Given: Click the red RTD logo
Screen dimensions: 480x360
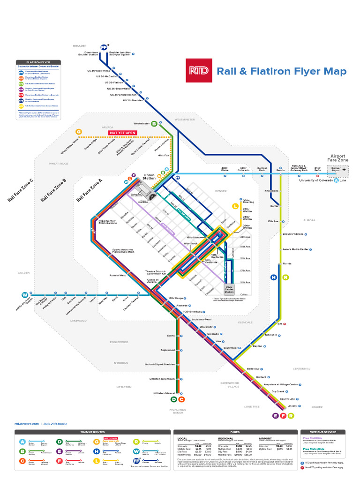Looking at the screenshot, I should click(x=199, y=71).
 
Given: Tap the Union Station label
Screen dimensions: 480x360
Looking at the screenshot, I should click(x=149, y=177).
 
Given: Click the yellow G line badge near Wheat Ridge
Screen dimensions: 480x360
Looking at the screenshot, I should click(x=79, y=132).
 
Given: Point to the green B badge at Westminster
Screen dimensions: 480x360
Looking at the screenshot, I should click(x=154, y=124).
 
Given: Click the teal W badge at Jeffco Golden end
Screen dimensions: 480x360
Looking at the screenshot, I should click(x=24, y=295).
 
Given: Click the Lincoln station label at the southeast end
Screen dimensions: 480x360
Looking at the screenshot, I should click(x=292, y=406).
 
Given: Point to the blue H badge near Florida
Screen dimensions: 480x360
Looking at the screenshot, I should click(x=274, y=277).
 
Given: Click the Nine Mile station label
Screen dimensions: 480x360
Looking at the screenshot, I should click(x=271, y=335).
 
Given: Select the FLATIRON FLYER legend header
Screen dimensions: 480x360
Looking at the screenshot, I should click(x=38, y=62).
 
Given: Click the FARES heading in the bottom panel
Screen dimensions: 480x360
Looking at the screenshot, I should click(x=235, y=432).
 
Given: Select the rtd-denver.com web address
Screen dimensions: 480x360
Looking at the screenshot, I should click(x=28, y=424).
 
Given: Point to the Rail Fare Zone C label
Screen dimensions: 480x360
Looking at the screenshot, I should click(x=21, y=190).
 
